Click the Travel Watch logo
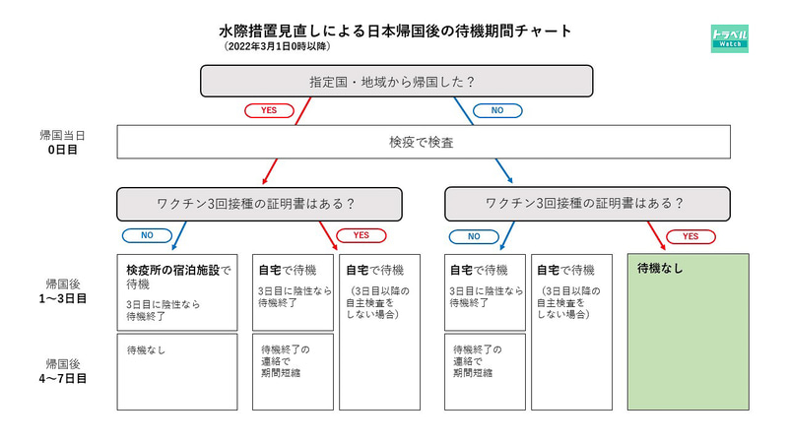(x=729, y=38)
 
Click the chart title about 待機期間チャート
(x=395, y=31)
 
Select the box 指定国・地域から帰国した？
(x=396, y=82)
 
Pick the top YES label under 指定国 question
(x=269, y=110)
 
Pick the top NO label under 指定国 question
(x=498, y=110)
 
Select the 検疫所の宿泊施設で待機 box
(x=177, y=291)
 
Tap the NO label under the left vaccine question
(x=147, y=236)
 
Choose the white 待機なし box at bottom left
(x=177, y=371)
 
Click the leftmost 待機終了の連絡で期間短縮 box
(x=293, y=371)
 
